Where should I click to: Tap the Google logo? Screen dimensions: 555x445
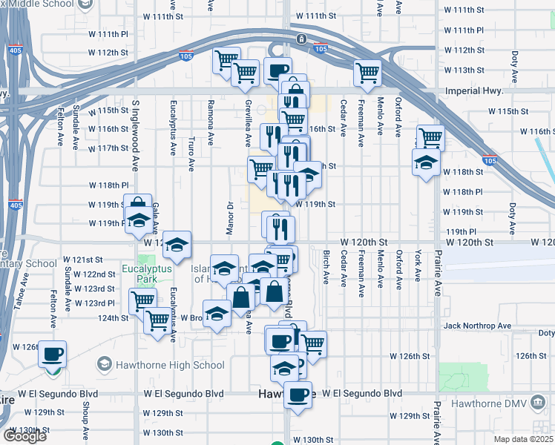pos(25,436)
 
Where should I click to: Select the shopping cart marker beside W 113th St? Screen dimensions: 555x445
pos(367,72)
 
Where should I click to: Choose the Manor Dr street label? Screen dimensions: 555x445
pos(230,216)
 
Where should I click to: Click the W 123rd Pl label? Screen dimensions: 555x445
pos(99,303)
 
